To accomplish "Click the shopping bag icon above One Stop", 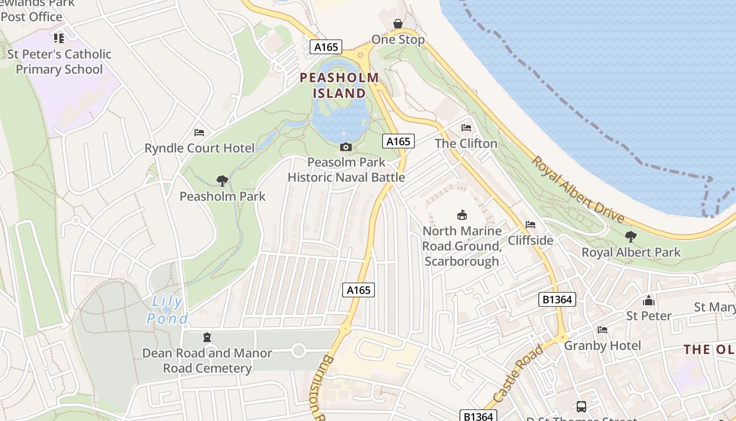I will pos(398,24).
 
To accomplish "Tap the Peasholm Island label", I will pos(339,86).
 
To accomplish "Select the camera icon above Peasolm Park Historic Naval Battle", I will pos(346,147).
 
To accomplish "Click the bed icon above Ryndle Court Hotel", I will pos(199,132).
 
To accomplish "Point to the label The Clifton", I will pos(466,143).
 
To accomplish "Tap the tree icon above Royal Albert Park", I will pos(630,237).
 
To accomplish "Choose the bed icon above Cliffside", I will pos(530,225).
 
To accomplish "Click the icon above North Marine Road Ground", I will pos(462,215).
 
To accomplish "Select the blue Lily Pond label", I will pos(168,310).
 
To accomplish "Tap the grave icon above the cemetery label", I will pos(207,337).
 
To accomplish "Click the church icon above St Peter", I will pos(649,300).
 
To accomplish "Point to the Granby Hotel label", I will pos(602,345).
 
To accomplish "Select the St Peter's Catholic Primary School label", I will pos(59,62).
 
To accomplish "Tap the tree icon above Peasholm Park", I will pos(222,181).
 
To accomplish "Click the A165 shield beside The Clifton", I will pos(398,141).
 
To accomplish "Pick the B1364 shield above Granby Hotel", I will pos(557,300).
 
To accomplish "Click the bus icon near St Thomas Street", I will pos(581,406).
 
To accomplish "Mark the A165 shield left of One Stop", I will pos(326,47).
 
